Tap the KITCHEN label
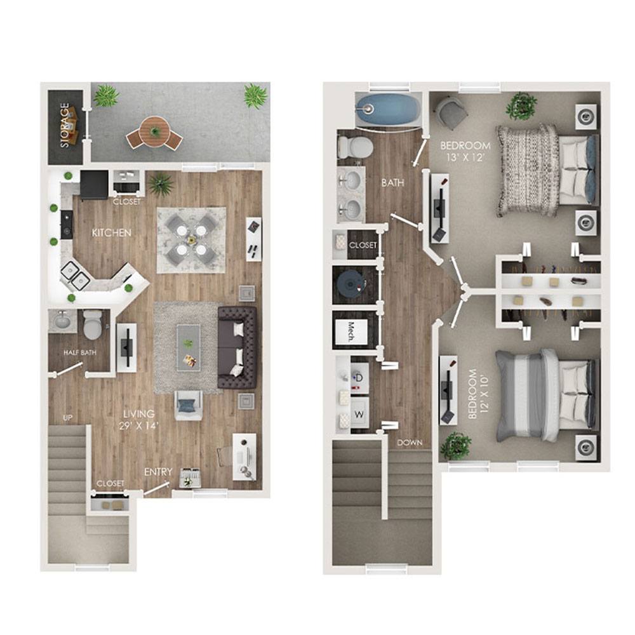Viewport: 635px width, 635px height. pos(111,233)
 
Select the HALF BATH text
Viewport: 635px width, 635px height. pos(80,352)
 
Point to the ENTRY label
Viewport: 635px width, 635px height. pos(158,472)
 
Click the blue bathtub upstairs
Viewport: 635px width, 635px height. pos(387,109)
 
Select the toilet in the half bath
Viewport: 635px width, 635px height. pos(93,324)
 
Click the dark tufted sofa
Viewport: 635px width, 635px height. pos(237,347)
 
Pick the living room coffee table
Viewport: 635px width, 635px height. pos(189,348)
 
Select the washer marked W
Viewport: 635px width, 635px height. pos(359,414)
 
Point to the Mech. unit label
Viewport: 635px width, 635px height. pos(351,331)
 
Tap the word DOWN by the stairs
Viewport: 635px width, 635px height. pos(410,443)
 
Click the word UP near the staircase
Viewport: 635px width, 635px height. pos(68,418)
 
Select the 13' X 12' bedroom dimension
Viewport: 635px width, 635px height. pos(465,157)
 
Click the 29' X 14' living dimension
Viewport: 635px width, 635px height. pos(139,426)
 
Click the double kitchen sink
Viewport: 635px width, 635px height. pos(76,276)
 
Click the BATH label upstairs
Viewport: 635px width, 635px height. pos(392,183)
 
